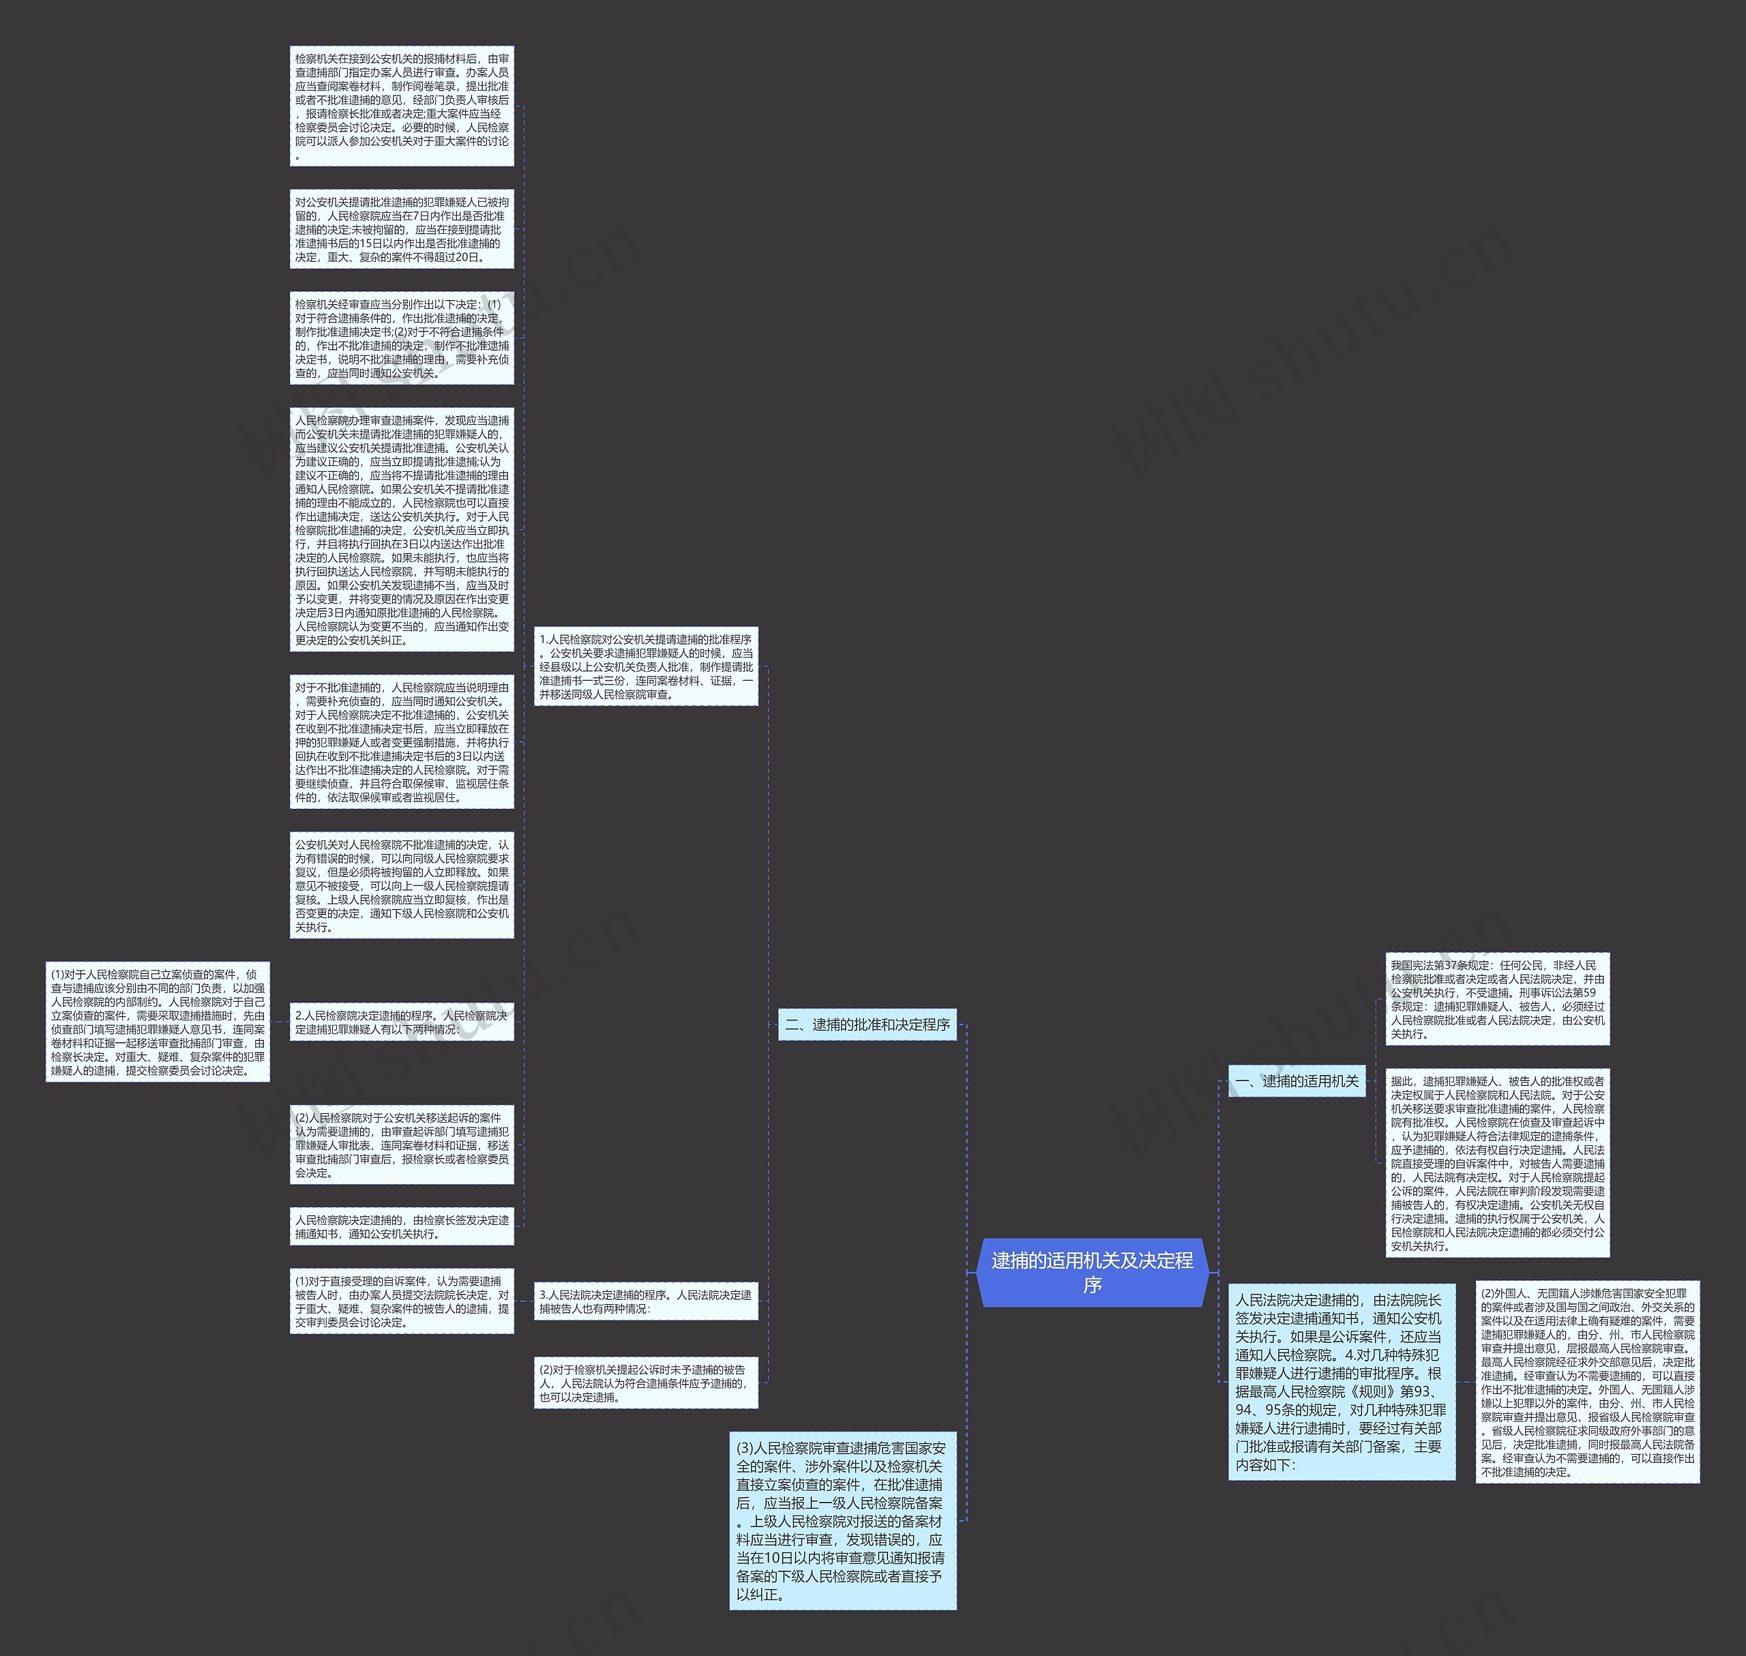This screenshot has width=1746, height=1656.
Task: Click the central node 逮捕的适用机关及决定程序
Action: [1092, 1272]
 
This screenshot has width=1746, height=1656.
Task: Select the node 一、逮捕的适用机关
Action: [1297, 1080]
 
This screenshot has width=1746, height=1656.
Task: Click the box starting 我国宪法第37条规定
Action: [1497, 999]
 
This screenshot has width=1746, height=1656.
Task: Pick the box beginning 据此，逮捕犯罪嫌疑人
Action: [1497, 1163]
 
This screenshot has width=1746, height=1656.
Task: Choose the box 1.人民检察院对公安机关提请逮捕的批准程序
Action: [646, 666]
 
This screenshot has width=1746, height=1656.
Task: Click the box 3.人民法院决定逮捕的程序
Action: [646, 1301]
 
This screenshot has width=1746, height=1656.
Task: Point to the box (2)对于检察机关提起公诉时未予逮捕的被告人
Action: [646, 1383]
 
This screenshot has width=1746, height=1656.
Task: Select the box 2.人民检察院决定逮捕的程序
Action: [402, 1022]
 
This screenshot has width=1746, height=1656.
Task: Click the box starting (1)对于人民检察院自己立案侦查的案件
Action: [158, 1022]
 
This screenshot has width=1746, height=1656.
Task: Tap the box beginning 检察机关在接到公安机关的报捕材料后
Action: [402, 106]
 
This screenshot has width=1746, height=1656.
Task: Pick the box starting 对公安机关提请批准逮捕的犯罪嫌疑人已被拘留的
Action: [402, 230]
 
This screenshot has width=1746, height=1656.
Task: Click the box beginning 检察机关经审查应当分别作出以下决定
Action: [402, 338]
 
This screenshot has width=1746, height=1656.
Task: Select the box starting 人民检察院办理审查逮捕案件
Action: [402, 530]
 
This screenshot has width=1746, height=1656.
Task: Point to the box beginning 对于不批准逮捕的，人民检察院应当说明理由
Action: [402, 741]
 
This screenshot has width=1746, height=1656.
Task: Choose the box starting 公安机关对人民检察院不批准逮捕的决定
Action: [402, 885]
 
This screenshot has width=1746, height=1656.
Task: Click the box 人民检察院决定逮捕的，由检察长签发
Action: [402, 1226]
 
